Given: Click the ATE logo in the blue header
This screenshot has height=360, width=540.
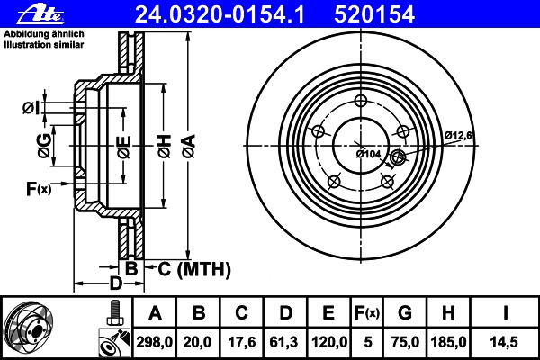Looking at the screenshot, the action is point(40,14).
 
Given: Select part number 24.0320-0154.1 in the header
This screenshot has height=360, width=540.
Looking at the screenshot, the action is point(220,14).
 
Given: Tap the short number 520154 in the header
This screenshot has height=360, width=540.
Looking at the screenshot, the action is point(374,14).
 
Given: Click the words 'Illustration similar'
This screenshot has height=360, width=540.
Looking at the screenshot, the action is point(44,45).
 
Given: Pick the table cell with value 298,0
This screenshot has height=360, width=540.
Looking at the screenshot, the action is point(155,342).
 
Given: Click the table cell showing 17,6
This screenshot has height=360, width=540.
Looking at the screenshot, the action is point(242,342).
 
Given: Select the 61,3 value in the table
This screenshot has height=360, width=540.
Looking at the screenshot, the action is point(285,342).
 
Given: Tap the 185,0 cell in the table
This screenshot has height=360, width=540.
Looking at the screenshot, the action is point(448,342).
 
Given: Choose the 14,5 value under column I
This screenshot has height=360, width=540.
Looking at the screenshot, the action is point(504,342).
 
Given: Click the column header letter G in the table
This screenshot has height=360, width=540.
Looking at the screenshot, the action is point(405,313).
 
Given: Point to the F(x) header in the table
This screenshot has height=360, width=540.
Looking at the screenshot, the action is point(367,313).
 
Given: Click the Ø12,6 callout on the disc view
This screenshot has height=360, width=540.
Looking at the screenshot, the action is point(458,135).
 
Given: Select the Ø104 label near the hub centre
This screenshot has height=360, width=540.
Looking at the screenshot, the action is point(368,154).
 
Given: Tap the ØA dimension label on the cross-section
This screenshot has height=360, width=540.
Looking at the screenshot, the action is point(189,146).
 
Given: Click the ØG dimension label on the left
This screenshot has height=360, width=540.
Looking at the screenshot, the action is point(44,146).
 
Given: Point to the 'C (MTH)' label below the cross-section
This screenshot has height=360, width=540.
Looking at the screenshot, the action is point(194,269).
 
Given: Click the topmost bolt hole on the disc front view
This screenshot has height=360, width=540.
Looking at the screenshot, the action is point(361,101).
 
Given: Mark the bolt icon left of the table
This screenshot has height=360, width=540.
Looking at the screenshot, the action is point(115,312).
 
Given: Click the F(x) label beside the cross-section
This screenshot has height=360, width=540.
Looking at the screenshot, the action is point(39,188).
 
